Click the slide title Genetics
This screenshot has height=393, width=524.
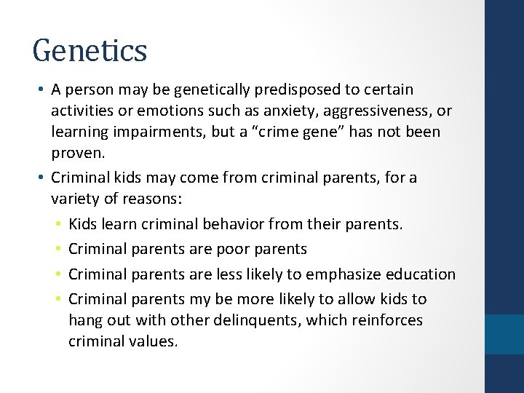[x=90, y=51]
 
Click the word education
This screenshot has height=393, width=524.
[x=422, y=274]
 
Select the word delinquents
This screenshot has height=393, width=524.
[x=270, y=320]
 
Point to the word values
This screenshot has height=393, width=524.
[x=152, y=341]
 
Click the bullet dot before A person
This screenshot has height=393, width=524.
[x=44, y=90]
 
